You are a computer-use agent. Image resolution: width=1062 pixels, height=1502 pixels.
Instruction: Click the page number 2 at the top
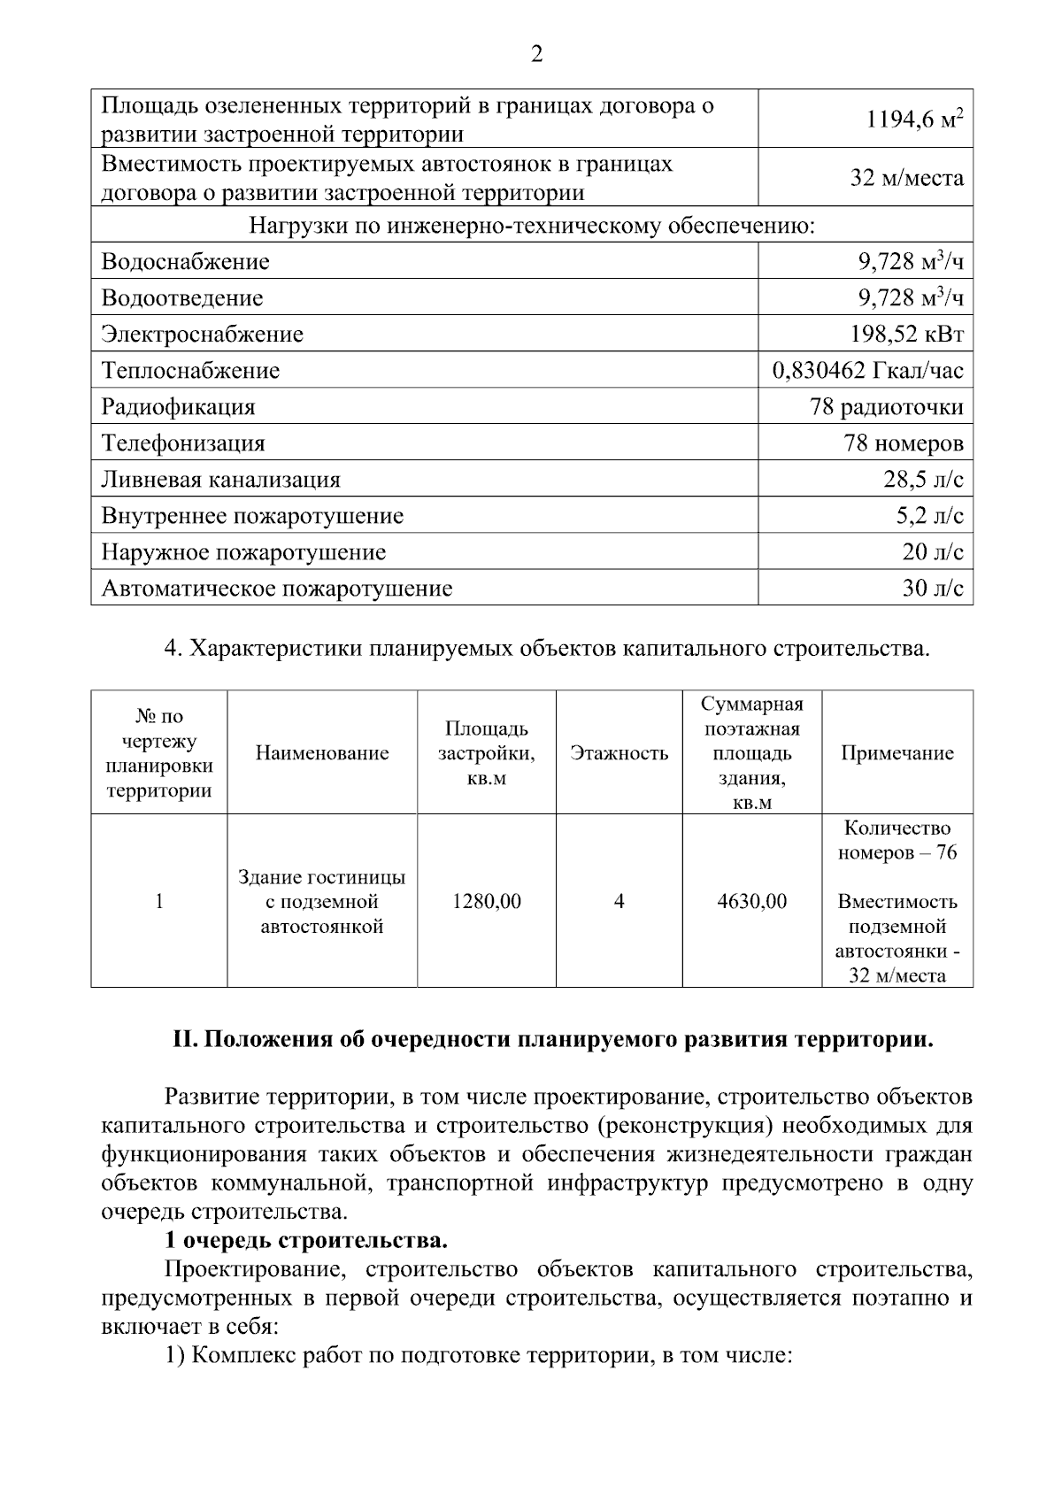tap(536, 55)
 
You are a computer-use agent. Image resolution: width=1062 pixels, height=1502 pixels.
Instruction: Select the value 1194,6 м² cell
tap(914, 119)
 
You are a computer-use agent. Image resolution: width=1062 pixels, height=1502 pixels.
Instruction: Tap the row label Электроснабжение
tap(203, 335)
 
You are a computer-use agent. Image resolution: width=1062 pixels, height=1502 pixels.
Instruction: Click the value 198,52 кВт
tap(906, 335)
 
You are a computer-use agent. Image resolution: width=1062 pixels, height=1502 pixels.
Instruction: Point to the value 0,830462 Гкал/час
tap(867, 371)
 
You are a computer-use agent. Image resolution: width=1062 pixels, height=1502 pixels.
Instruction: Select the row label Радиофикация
tap(179, 407)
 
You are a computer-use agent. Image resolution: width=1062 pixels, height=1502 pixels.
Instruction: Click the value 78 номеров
tap(904, 443)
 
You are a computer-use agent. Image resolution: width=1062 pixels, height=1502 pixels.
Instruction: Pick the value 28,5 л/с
tap(923, 480)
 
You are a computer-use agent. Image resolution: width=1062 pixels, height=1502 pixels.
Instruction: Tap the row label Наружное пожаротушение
tap(244, 552)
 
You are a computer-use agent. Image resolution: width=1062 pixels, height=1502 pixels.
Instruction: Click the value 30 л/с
tap(933, 589)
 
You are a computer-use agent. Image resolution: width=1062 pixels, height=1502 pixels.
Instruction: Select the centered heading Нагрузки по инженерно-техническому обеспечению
tap(532, 227)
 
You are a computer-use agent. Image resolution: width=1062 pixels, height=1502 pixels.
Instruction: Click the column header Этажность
tap(619, 753)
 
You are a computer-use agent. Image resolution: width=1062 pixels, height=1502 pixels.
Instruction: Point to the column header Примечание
tap(897, 753)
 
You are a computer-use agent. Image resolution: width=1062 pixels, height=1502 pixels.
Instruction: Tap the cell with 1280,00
tap(487, 902)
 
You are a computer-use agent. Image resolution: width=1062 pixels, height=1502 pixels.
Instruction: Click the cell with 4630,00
tap(752, 902)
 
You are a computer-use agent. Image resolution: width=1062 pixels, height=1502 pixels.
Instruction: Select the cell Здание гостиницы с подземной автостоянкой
tap(322, 902)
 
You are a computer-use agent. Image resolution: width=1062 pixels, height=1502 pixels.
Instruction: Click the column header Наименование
tap(322, 753)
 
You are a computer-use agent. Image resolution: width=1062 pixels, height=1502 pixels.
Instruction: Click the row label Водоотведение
tap(182, 298)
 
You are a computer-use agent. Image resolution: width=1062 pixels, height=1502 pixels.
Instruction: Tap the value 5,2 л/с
tap(929, 516)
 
